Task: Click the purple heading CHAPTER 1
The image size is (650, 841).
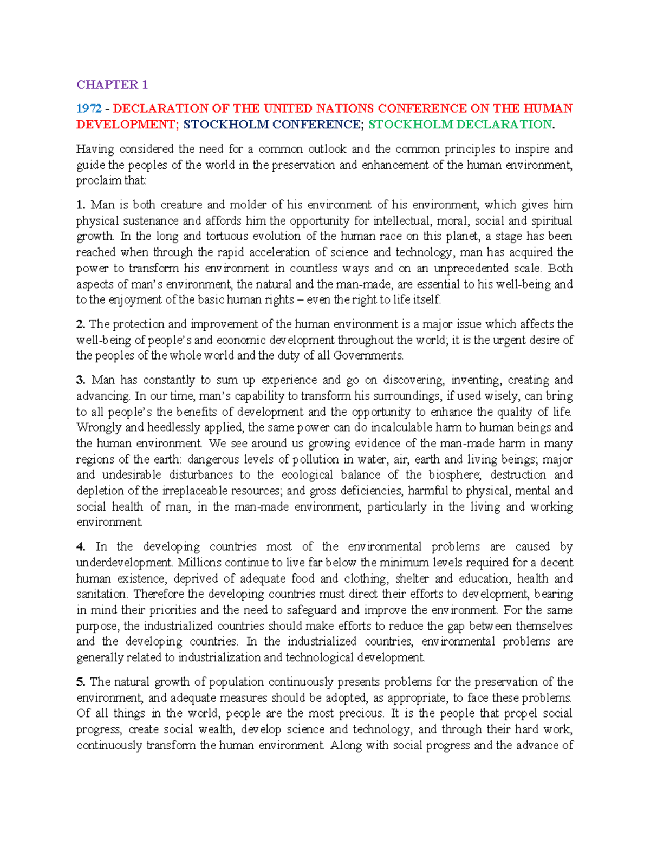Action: click(x=112, y=84)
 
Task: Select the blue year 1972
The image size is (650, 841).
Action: click(x=88, y=108)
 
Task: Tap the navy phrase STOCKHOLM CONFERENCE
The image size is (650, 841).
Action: click(x=272, y=125)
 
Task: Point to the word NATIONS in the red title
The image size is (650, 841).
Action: click(x=345, y=108)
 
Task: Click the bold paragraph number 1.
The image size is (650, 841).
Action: click(x=81, y=205)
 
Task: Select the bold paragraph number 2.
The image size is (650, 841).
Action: click(x=81, y=324)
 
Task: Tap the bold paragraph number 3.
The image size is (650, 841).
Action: click(x=81, y=380)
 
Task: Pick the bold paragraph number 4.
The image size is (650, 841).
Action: click(x=81, y=546)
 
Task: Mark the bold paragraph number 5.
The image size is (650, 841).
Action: click(x=81, y=682)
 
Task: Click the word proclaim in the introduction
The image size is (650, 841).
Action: click(x=96, y=180)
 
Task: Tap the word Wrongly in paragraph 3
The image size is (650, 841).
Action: click(x=99, y=427)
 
